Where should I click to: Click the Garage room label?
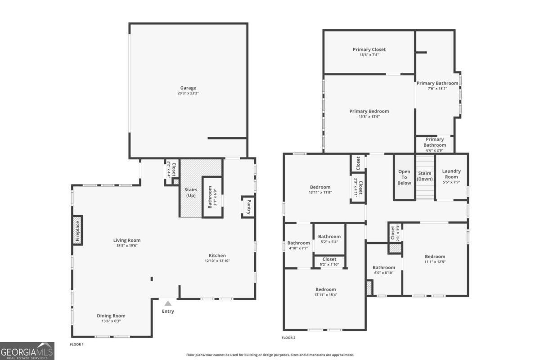(188, 88)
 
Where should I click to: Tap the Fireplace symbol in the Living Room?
(77, 230)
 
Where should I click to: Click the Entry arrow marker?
(168, 304)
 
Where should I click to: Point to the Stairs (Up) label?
(191, 193)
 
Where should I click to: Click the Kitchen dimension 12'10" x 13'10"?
(217, 261)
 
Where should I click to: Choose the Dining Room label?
(111, 316)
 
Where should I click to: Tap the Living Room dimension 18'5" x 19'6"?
(127, 245)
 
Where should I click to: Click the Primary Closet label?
(369, 49)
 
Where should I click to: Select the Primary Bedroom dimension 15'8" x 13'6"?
(369, 117)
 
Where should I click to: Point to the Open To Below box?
(404, 177)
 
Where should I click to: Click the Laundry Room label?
(451, 174)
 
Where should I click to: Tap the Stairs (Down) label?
(425, 176)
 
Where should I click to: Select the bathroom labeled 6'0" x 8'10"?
(383, 270)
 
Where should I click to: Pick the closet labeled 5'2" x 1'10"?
(329, 261)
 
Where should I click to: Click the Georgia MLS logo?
(27, 351)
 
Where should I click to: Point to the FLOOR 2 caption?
(288, 337)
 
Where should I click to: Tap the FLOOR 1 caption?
(76, 344)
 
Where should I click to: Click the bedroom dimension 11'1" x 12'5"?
(435, 262)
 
